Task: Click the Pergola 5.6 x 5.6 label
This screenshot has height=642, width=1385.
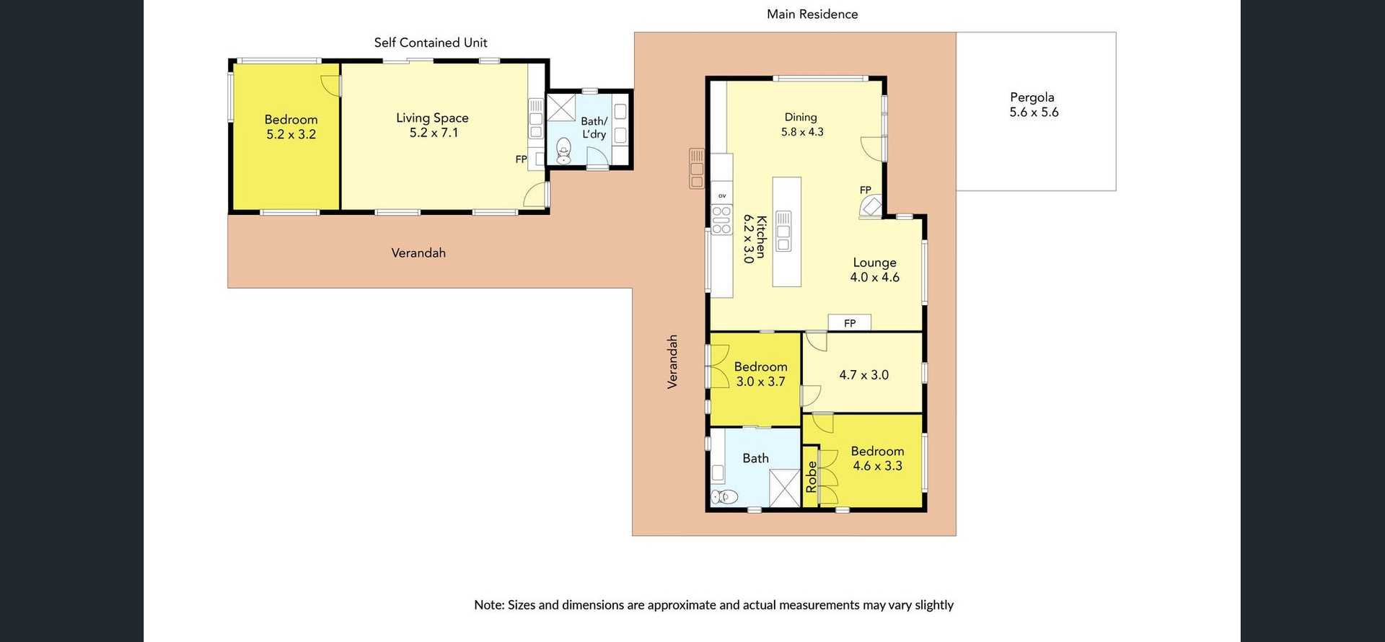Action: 1033,105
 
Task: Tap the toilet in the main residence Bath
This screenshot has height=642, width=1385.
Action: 724,496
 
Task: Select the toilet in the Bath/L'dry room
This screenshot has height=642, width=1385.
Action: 564,151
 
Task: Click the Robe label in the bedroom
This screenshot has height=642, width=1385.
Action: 811,477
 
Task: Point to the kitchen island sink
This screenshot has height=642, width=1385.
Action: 783,231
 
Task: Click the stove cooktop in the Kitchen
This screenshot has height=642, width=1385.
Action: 721,219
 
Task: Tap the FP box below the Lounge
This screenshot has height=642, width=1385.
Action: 849,322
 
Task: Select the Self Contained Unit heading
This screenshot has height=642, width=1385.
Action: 431,43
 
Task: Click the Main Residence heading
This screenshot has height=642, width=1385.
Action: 812,14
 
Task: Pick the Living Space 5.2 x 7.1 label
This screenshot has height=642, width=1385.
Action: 433,125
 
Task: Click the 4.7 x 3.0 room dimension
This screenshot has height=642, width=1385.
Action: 863,374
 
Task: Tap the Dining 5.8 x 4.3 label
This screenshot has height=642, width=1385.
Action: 801,124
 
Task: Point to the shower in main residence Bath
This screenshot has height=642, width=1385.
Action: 783,488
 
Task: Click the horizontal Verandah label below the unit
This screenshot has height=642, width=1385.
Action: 418,252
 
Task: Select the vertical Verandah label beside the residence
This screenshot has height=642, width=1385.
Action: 672,361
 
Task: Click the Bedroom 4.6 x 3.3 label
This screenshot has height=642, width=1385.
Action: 877,458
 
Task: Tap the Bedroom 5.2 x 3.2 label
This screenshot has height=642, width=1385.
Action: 291,126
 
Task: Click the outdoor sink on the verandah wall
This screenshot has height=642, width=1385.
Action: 696,169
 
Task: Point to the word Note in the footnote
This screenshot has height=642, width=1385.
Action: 488,604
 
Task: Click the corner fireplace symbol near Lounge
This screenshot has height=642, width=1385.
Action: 871,208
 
